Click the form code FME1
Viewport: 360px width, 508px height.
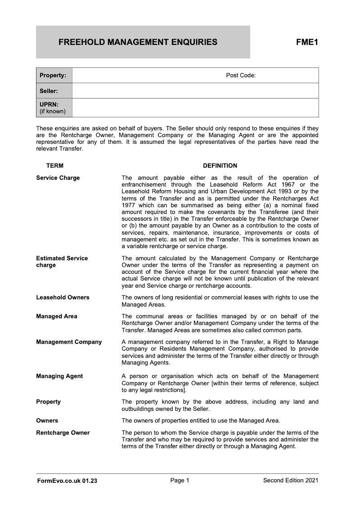point(307,42)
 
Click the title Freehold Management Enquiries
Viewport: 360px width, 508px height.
point(138,42)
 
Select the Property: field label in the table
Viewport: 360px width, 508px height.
point(53,75)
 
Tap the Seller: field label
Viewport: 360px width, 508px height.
point(49,91)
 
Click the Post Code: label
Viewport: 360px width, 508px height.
point(241,75)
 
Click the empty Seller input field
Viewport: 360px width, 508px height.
point(195,91)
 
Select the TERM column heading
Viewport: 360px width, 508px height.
point(55,166)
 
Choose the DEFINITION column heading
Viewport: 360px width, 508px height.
point(220,166)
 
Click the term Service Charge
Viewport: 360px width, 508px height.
point(58,178)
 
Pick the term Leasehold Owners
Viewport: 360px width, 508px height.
point(63,297)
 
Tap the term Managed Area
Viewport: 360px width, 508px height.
point(56,316)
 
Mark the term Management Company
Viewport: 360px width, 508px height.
point(69,342)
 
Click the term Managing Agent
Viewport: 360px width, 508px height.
point(59,376)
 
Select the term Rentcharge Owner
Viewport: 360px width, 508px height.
point(63,432)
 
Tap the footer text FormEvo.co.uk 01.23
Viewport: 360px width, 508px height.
point(67,481)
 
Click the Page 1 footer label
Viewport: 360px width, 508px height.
point(180,481)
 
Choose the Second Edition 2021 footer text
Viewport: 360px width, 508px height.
point(291,481)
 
